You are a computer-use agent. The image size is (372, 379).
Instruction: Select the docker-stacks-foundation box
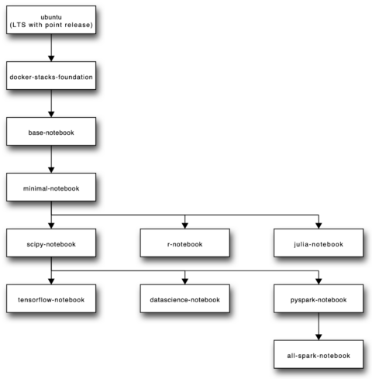[x=51, y=78]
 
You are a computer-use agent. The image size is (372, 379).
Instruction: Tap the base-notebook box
[x=51, y=133]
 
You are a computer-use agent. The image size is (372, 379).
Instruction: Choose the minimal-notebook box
[x=51, y=188]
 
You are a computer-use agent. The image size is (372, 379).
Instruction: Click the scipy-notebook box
[x=51, y=243]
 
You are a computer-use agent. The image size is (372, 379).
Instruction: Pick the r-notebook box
[x=184, y=243]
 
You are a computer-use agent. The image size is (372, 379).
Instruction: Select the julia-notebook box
[x=319, y=243]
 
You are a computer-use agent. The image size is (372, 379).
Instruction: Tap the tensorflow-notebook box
[x=51, y=299]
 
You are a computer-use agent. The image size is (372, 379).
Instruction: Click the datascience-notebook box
[x=184, y=299]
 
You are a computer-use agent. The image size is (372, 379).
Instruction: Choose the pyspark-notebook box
[x=319, y=299]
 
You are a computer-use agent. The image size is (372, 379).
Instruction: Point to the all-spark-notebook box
[x=319, y=355]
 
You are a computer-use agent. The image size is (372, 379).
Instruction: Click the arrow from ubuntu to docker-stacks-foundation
[x=51, y=48]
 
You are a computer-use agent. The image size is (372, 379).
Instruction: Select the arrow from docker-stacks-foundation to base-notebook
[x=51, y=105]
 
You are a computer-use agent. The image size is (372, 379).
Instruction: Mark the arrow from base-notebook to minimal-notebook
[x=51, y=160]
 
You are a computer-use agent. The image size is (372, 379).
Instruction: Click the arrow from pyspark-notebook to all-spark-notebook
[x=319, y=327]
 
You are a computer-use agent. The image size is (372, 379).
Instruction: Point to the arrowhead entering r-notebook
[x=184, y=226]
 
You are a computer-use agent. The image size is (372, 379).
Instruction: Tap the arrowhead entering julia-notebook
[x=319, y=226]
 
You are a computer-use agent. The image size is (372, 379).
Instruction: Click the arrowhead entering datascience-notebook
[x=184, y=281]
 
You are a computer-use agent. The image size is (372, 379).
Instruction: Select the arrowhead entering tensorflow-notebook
[x=51, y=281]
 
